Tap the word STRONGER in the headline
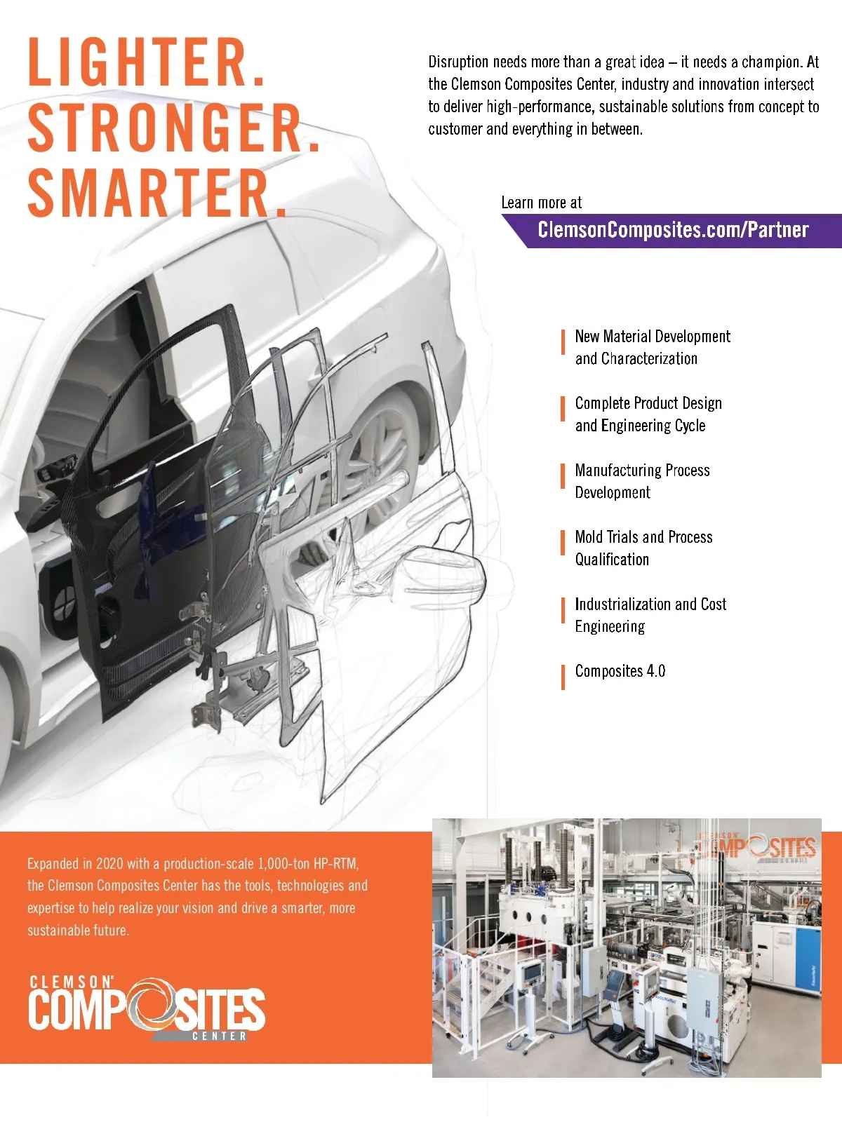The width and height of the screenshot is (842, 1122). (173, 128)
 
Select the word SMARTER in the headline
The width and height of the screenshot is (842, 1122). (156, 193)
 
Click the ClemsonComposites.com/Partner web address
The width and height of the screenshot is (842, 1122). (673, 230)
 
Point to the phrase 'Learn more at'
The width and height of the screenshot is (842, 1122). (542, 203)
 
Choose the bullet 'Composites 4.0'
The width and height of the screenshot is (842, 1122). (620, 670)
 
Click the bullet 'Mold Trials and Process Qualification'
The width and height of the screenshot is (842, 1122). (643, 548)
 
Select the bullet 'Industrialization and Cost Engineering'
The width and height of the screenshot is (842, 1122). (650, 615)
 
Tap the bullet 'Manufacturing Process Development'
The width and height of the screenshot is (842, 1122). (642, 481)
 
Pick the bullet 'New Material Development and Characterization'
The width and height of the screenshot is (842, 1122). (653, 347)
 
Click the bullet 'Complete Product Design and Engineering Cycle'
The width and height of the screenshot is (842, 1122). (648, 414)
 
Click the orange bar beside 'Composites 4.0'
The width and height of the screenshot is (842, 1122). (563, 677)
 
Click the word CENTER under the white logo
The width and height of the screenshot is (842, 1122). (220, 1036)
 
